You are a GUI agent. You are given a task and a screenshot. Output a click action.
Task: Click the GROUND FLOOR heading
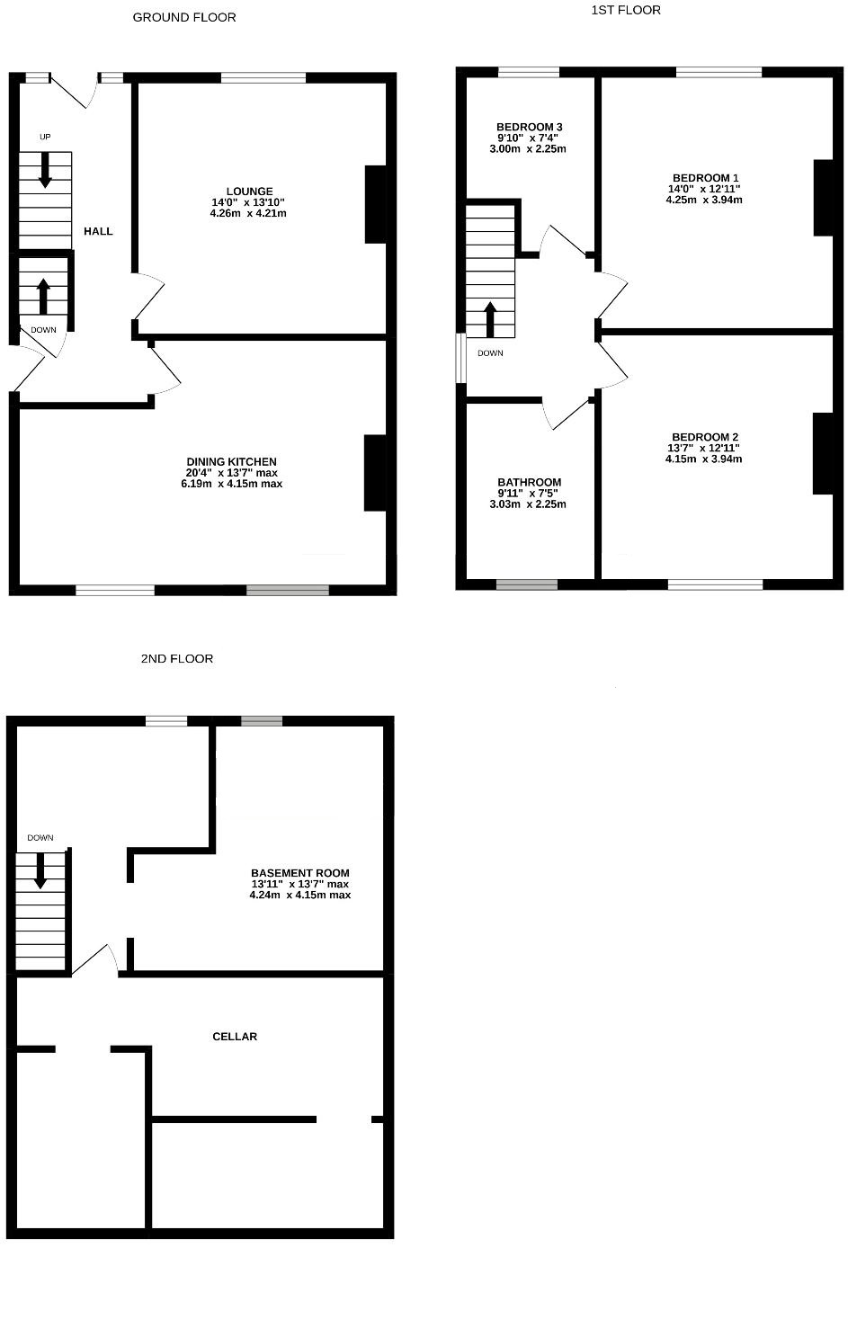click(x=184, y=17)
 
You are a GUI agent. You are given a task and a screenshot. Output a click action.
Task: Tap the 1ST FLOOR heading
click(x=626, y=10)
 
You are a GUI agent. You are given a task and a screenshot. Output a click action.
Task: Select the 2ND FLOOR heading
click(x=177, y=658)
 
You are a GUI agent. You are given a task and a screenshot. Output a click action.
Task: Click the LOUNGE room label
click(x=249, y=191)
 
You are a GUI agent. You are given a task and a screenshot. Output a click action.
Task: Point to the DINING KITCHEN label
click(x=231, y=462)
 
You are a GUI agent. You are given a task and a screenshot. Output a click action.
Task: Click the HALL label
click(x=98, y=231)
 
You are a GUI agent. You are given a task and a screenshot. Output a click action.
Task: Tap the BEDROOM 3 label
click(x=529, y=127)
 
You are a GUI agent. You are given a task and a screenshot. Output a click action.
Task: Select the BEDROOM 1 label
click(x=705, y=178)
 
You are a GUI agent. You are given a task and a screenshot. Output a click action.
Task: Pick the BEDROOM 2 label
click(x=705, y=437)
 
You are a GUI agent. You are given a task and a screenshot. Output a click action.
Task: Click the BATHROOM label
click(x=529, y=482)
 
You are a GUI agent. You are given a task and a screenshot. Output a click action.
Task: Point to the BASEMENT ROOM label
click(x=299, y=872)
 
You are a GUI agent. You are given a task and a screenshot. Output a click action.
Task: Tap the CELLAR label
click(x=235, y=1037)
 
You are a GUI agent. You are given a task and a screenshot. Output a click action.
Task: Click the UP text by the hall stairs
click(x=45, y=137)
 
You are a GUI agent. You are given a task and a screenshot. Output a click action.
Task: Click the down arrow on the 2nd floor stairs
click(x=40, y=869)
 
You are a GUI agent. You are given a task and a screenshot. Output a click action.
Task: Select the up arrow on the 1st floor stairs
click(x=491, y=317)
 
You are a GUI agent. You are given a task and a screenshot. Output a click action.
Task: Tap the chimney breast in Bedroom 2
click(x=823, y=453)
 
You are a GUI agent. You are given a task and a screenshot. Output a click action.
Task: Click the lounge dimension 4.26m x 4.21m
click(x=248, y=213)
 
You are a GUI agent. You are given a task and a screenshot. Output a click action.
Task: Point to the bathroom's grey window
click(x=527, y=584)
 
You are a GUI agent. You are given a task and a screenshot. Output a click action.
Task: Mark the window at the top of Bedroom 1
click(x=719, y=72)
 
